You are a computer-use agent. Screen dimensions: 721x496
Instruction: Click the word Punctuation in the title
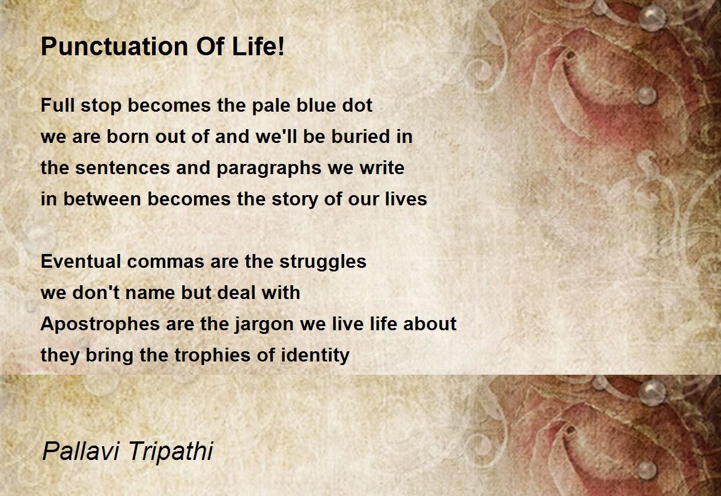[x=115, y=47]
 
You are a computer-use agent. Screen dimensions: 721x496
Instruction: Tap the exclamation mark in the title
[x=281, y=46]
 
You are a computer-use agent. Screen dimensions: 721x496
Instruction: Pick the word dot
[x=357, y=105]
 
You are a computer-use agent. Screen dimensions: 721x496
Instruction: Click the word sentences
[x=123, y=168]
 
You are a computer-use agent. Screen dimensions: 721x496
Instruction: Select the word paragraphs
[x=269, y=169]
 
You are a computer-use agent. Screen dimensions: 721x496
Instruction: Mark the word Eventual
[x=81, y=261]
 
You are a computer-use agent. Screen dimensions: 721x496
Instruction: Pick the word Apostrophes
[x=100, y=324]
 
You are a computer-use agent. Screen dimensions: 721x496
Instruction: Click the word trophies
[x=213, y=355]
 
